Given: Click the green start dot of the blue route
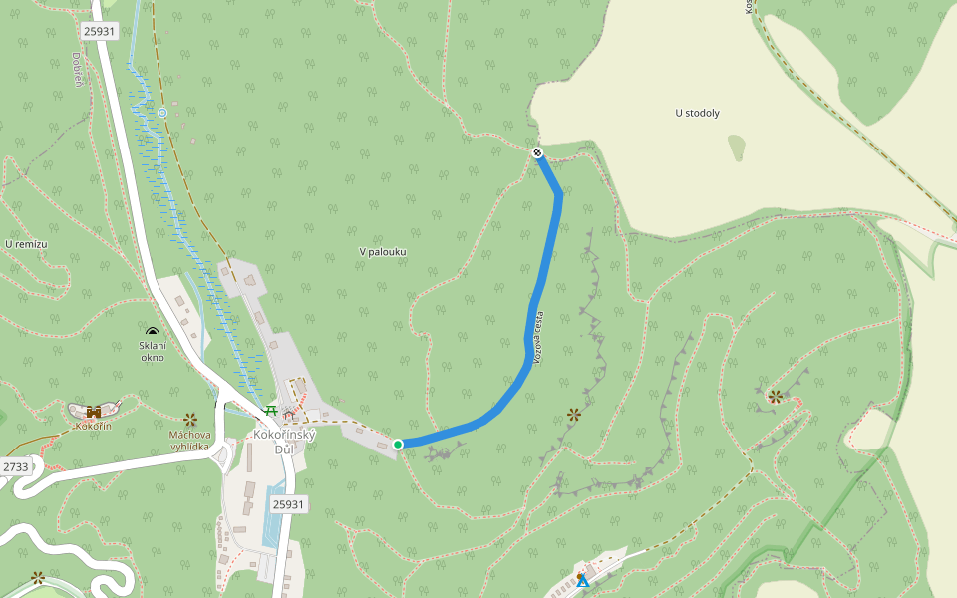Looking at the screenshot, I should pyautogui.click(x=398, y=444).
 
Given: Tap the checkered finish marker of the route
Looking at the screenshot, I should pyautogui.click(x=537, y=152).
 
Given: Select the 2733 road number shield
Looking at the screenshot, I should pyautogui.click(x=16, y=466).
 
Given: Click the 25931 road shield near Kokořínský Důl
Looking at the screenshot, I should pyautogui.click(x=288, y=504).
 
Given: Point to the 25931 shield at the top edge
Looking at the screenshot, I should pyautogui.click(x=100, y=31).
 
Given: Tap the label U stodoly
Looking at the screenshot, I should pyautogui.click(x=697, y=113).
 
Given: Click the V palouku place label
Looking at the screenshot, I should pyautogui.click(x=383, y=252).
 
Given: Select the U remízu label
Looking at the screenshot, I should pyautogui.click(x=26, y=244).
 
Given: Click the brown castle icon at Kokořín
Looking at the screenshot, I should pyautogui.click(x=94, y=411).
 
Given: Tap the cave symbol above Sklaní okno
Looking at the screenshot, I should pyautogui.click(x=152, y=332).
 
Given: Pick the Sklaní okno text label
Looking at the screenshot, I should pyautogui.click(x=152, y=351).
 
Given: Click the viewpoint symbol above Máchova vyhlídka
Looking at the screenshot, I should pyautogui.click(x=189, y=419).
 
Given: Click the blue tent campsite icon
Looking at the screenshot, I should pyautogui.click(x=582, y=580).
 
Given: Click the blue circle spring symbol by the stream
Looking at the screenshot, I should pyautogui.click(x=162, y=113).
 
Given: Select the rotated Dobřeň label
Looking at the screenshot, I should pyautogui.click(x=77, y=68).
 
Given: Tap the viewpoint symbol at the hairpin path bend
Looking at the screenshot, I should pyautogui.click(x=775, y=397).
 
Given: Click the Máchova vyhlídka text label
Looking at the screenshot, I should pyautogui.click(x=189, y=440).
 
